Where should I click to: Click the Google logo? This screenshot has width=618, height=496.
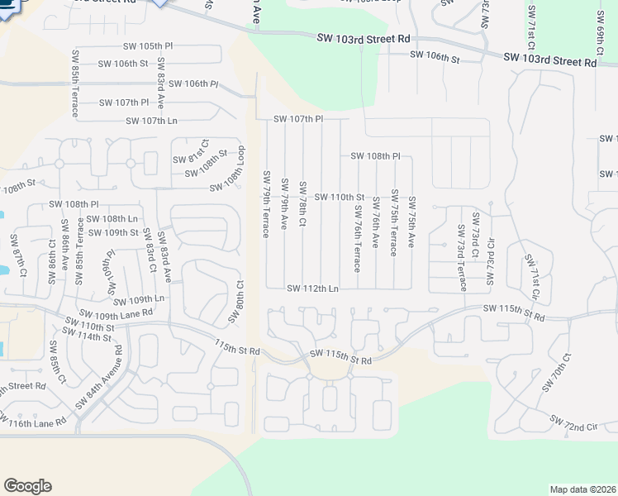[28, 485]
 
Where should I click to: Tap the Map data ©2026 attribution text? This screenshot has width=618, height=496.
[582, 489]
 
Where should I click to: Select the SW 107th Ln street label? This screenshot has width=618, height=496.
[151, 121]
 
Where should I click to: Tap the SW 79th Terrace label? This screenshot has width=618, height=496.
[266, 203]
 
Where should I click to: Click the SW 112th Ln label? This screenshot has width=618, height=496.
[313, 289]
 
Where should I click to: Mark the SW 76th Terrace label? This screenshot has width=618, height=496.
[358, 234]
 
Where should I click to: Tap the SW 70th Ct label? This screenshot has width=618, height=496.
[555, 373]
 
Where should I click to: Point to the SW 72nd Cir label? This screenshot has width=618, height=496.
[569, 426]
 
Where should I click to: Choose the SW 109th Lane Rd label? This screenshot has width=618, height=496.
[116, 314]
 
